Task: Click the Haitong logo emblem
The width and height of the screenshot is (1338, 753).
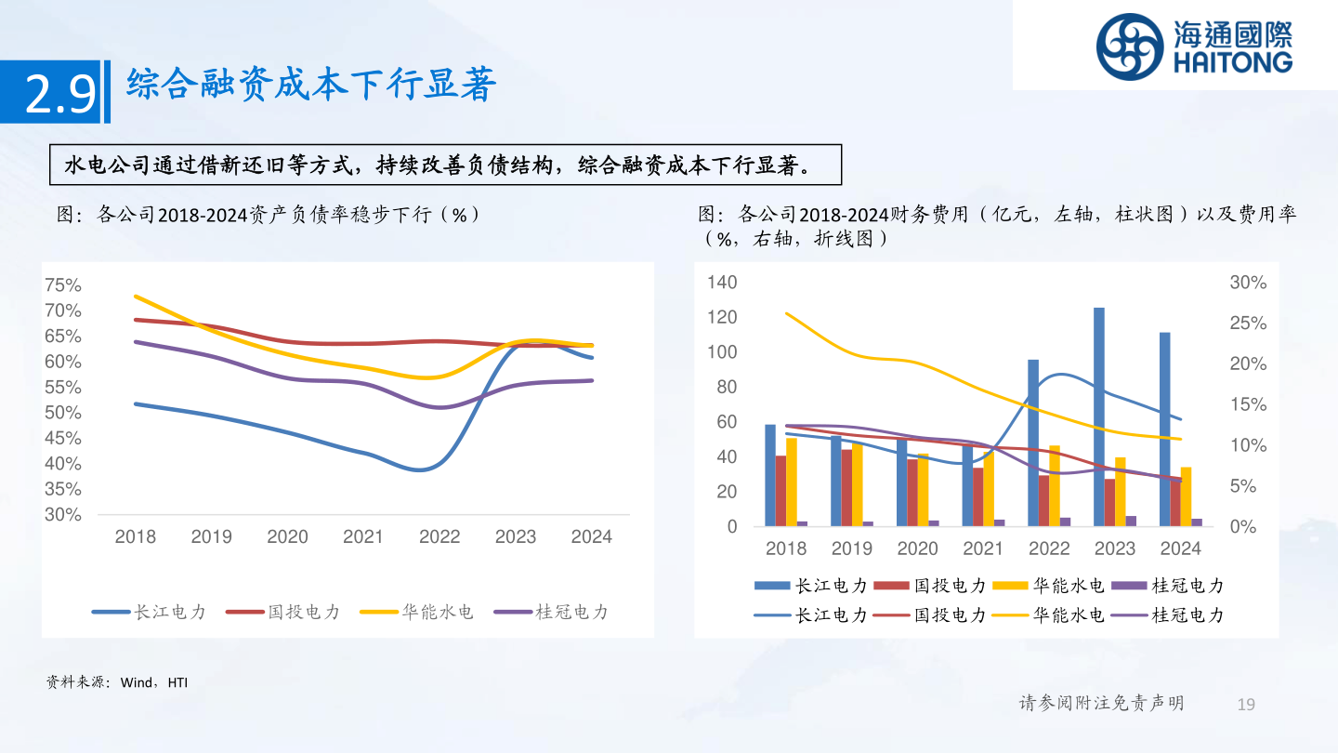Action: coord(1129,46)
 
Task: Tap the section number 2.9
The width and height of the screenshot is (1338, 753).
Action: coord(59,95)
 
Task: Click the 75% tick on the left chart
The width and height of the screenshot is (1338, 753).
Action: coord(63,284)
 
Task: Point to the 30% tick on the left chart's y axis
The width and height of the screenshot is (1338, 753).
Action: coord(63,514)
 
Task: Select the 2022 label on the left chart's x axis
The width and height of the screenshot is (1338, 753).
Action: coord(439,537)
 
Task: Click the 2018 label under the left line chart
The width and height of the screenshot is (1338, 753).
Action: coord(135,537)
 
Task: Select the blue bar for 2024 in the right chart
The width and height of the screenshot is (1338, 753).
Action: coord(1164,429)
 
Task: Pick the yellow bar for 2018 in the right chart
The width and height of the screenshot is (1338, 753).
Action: coord(792,482)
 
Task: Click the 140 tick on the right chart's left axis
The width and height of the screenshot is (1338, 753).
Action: coord(722,282)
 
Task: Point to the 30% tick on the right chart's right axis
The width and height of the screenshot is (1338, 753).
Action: coord(1248,283)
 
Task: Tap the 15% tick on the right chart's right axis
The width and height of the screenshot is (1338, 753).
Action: coord(1248,404)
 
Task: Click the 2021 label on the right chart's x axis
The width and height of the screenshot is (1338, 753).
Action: coord(983,548)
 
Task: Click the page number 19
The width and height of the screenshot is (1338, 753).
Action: coord(1246,704)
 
